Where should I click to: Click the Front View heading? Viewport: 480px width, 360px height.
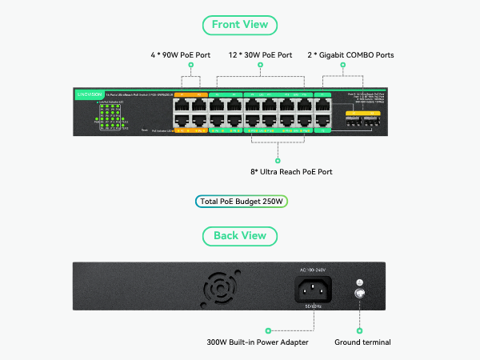(x=240, y=25)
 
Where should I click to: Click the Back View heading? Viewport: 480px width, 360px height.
(x=240, y=236)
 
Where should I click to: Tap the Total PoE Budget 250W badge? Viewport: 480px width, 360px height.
(x=240, y=201)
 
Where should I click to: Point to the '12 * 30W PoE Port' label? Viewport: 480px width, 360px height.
(x=261, y=55)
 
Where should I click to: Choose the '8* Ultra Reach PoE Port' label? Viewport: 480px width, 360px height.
(x=291, y=171)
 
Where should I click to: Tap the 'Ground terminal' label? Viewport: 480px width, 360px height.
(x=362, y=342)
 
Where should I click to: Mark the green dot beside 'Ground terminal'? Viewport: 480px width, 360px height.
(x=360, y=330)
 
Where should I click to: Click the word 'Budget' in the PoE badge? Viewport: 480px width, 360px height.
(x=249, y=201)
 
